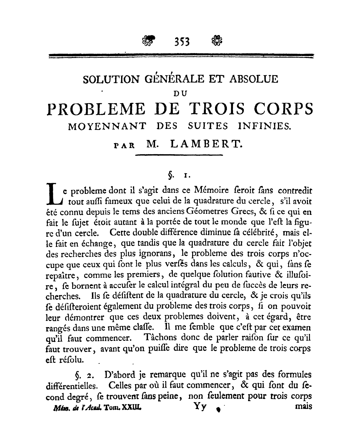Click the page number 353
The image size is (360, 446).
180,41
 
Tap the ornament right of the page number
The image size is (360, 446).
215,41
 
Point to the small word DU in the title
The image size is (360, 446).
179,93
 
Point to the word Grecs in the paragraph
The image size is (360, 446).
253,211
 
